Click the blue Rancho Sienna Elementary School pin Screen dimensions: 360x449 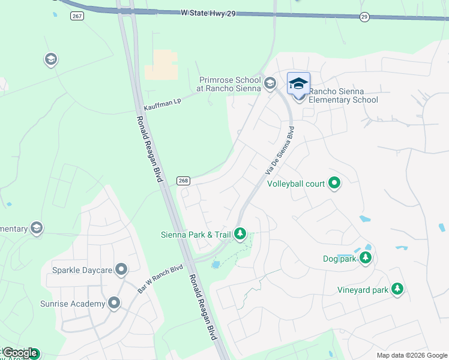click(298, 84)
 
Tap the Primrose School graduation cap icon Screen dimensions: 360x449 click(270, 83)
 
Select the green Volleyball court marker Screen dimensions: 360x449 click(334, 184)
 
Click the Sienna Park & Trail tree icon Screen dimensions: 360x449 click(240, 233)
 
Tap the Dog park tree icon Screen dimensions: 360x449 click(365, 259)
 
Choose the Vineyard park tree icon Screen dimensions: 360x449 click(397, 290)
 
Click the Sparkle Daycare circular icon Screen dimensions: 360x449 click(121, 270)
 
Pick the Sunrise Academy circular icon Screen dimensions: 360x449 click(115, 304)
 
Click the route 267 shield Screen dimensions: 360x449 click(76, 16)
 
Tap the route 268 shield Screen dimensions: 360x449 click(184, 181)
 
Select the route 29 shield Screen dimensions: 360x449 click(364, 17)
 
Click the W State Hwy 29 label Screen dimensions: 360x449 click(208, 13)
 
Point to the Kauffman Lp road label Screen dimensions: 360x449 click(162, 103)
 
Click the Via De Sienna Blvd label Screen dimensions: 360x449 click(280, 151)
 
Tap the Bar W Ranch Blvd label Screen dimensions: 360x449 click(160, 278)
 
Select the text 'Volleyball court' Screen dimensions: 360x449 click(296, 184)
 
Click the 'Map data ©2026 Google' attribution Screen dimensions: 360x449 click(412, 355)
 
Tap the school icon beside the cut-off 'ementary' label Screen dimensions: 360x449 click(37, 229)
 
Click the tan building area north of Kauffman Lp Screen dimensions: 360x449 click(161, 64)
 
